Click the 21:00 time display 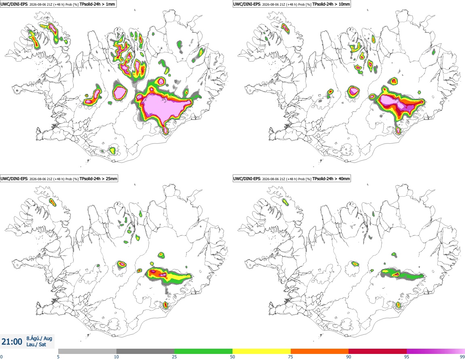(12, 342)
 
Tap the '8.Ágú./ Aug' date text (39, 338)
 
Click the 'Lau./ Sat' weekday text (36, 345)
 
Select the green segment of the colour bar (203, 351)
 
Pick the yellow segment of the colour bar (262, 351)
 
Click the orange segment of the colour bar (320, 351)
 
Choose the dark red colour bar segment (378, 351)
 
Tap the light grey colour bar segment (87, 351)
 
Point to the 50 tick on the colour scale (232, 357)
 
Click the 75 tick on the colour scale (291, 357)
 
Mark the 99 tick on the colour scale (462, 357)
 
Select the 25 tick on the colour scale (174, 357)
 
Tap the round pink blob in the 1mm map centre (120, 92)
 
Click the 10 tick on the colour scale (116, 357)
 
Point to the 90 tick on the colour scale (349, 357)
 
